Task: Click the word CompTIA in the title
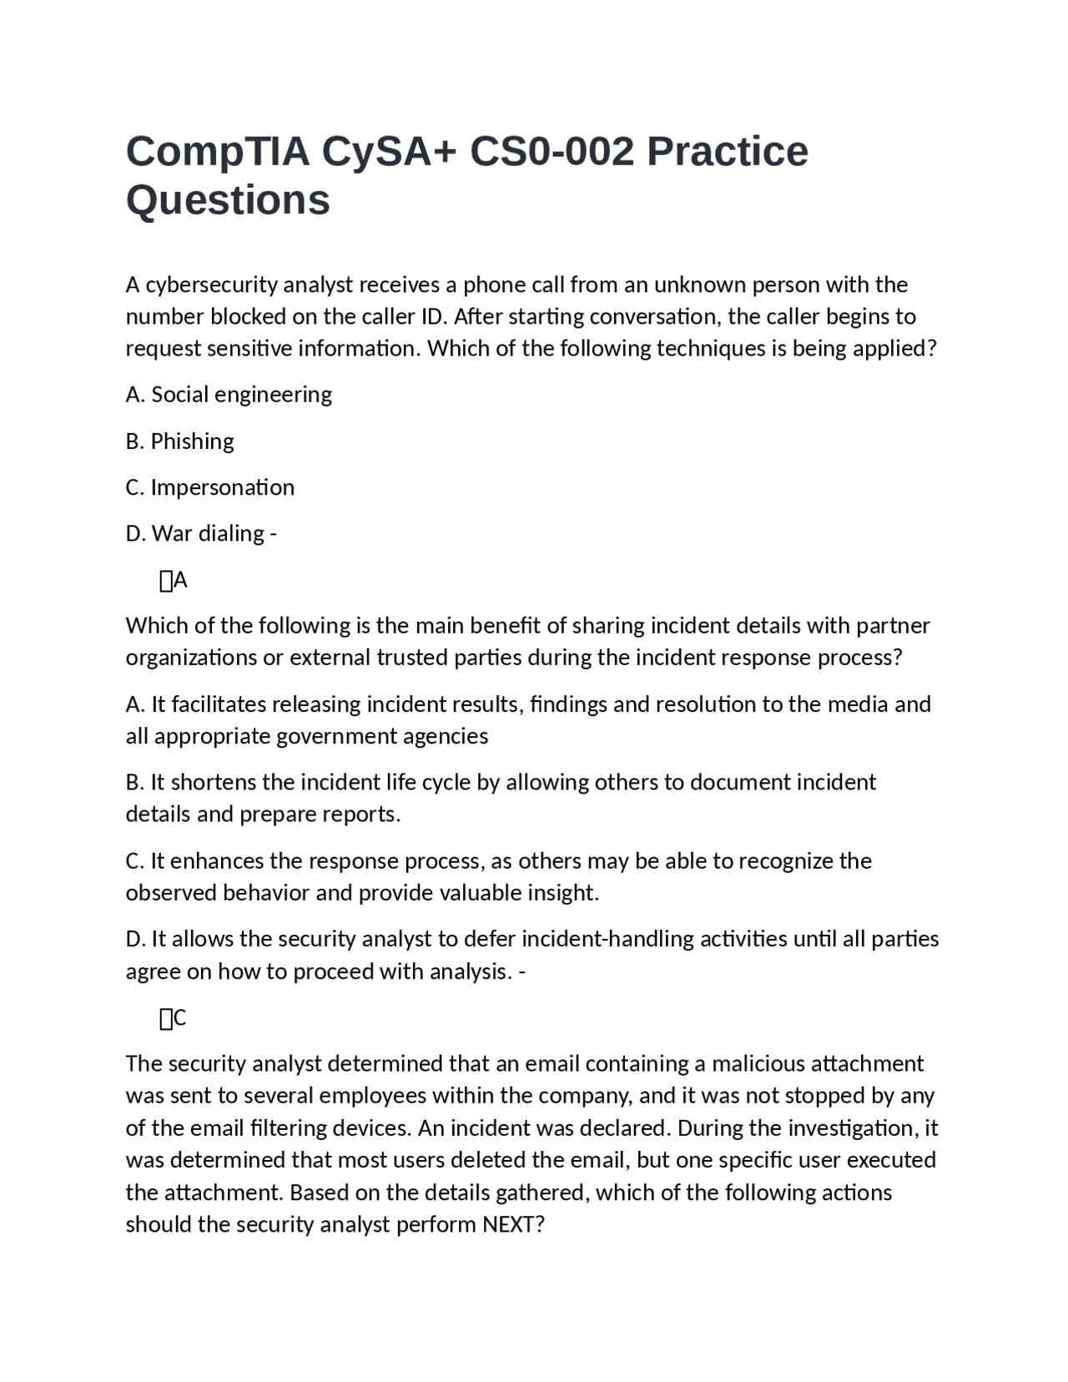click(217, 152)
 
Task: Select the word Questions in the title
click(228, 200)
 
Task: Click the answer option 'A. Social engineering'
click(229, 395)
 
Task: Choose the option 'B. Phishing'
click(179, 441)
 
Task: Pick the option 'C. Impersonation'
click(209, 487)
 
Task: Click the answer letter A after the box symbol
click(180, 581)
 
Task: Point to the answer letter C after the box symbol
click(180, 1018)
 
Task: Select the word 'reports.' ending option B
click(361, 815)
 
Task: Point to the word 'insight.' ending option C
click(563, 893)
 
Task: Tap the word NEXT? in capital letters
click(513, 1225)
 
